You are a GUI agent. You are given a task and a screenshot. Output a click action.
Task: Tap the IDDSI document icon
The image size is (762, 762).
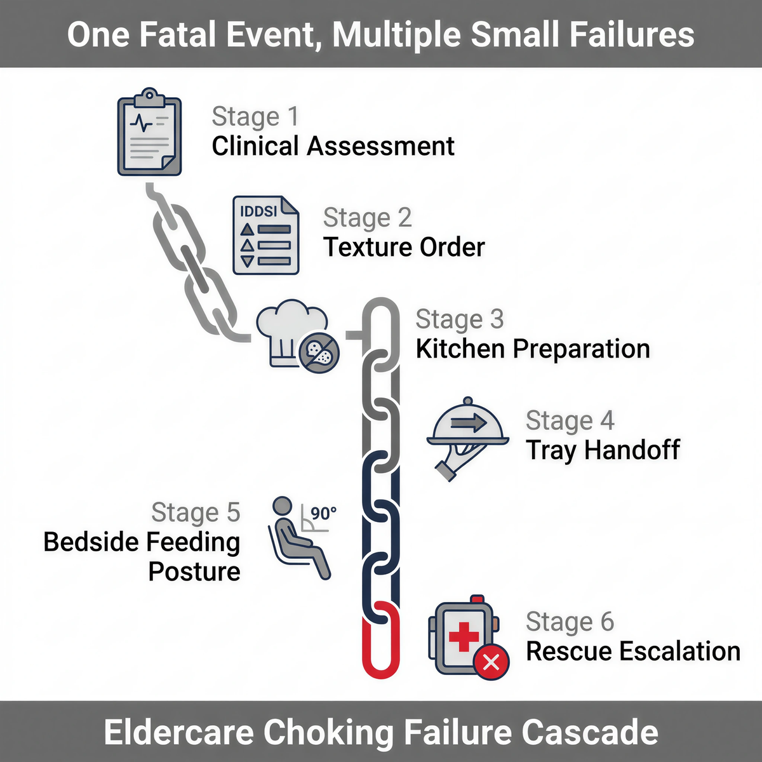[x=266, y=235]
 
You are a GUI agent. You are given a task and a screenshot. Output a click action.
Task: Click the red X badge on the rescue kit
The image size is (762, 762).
[x=491, y=662]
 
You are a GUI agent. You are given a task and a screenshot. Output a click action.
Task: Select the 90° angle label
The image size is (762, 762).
[x=324, y=513]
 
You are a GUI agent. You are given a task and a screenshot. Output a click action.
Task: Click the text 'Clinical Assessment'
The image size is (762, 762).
[x=333, y=147]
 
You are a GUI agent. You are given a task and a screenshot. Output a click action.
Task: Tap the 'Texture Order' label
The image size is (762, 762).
[x=404, y=247]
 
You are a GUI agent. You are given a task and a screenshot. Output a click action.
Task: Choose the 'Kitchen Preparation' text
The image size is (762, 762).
[x=532, y=349]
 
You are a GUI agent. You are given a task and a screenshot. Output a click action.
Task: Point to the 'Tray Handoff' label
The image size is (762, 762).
[x=603, y=450]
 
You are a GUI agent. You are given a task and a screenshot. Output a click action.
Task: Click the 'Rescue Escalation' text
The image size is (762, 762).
[x=633, y=652]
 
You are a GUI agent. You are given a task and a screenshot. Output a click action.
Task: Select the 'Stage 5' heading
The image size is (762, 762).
[x=196, y=512]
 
